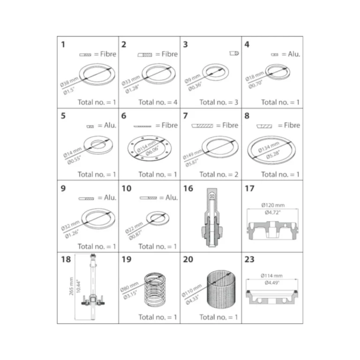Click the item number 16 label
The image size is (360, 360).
[x=188, y=188]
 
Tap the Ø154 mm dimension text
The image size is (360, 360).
[x=146, y=146]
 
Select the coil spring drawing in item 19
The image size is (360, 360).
[x=155, y=290]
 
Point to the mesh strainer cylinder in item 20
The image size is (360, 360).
[x=221, y=290]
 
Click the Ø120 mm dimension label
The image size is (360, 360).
[x=273, y=205]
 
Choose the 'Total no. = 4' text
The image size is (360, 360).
[x=157, y=102]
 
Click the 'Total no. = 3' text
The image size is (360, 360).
[x=218, y=102]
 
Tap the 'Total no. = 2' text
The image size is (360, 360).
[x=218, y=174]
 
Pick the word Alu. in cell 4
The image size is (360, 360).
[x=294, y=54]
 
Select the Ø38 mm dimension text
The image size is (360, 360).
[x=69, y=82]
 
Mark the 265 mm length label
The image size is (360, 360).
[x=71, y=286]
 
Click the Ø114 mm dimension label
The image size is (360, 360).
[x=271, y=276]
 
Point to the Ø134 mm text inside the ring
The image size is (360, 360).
[x=269, y=147]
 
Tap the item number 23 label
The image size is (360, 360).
[x=249, y=259]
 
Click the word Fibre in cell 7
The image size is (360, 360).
[x=230, y=125]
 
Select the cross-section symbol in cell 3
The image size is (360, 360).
[x=234, y=53]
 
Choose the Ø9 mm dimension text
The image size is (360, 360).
[x=192, y=79]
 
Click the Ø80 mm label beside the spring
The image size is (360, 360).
[x=129, y=287]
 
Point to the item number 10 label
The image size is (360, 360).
[x=127, y=188]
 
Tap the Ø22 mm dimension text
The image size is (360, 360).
[x=134, y=227]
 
